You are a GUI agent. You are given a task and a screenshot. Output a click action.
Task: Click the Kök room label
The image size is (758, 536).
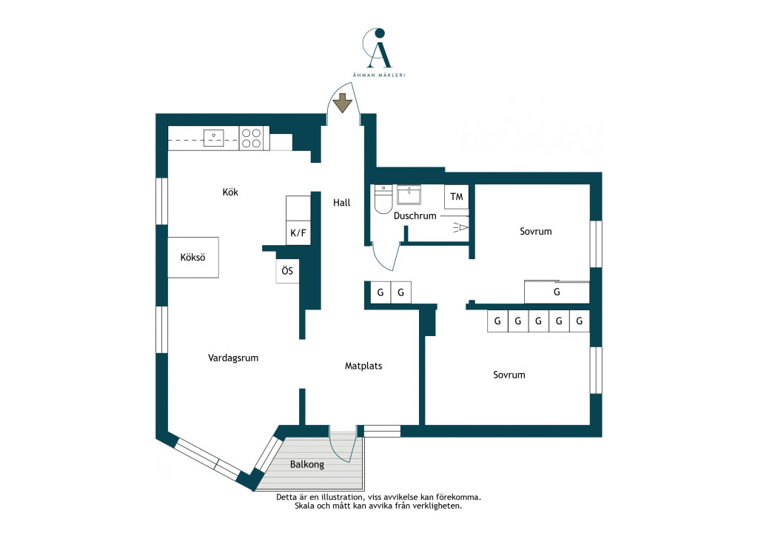pos(230,192)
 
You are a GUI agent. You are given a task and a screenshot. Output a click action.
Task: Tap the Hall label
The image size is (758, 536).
pos(342,203)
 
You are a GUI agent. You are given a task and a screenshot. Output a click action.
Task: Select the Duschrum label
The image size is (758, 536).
pos(415,215)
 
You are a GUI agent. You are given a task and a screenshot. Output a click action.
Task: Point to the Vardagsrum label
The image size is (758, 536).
pos(233,358)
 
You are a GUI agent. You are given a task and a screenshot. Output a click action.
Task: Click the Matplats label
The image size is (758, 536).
pos(363,366)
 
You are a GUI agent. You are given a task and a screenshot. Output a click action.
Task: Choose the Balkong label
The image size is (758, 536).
pos(307,464)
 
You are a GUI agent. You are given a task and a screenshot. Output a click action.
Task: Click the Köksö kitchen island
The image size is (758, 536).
pos(193,257)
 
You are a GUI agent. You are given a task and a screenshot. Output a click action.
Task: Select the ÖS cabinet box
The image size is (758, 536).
pos(287,271)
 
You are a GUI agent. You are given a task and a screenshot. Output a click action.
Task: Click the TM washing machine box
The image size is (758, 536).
pos(456,197)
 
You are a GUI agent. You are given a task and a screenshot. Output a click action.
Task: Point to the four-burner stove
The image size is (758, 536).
pos(252,138)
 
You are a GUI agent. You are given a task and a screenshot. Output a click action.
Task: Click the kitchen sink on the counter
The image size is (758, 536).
pos(213,138)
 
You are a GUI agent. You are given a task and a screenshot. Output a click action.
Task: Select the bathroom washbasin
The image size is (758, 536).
pos(409,195)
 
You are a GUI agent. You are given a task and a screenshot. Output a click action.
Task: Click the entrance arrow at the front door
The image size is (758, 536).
pos(343,103)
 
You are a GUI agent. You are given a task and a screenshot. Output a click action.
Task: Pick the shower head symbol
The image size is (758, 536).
pos(460,227)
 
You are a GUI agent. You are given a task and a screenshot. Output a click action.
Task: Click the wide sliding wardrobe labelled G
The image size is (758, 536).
pos(557,292)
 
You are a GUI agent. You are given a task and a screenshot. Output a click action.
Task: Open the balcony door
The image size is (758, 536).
pos(345,447)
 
